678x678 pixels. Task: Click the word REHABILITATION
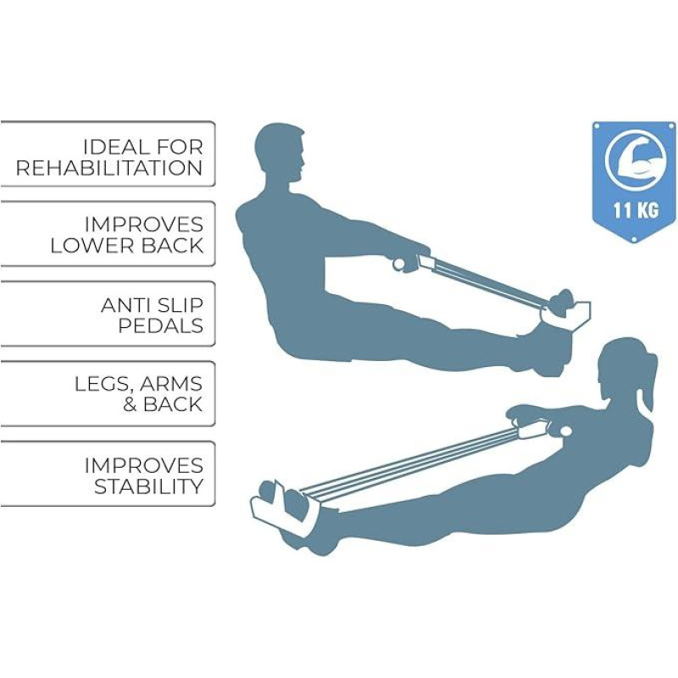click(x=109, y=168)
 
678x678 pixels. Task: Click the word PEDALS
click(x=160, y=325)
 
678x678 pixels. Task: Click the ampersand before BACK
click(x=131, y=405)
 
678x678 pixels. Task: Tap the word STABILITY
click(x=149, y=486)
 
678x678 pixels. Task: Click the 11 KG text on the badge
click(x=636, y=210)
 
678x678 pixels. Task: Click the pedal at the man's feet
click(x=565, y=312)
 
